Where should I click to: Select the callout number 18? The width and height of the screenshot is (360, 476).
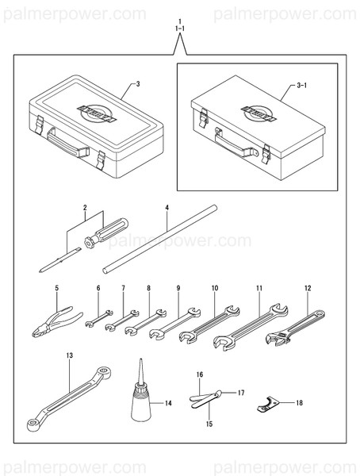[299, 403]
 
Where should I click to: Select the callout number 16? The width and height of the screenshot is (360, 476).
[200, 374]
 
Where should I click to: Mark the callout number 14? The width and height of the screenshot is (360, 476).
[167, 403]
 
